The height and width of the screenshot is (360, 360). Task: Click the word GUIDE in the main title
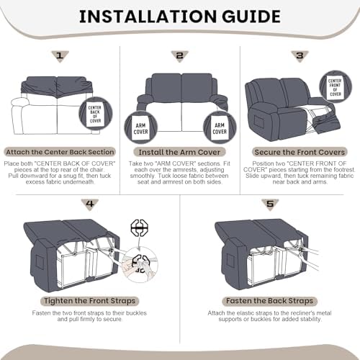[251, 17]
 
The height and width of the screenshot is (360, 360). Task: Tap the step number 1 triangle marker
[60, 56]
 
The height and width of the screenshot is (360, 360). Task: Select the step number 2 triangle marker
[179, 56]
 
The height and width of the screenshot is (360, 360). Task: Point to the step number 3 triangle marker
[300, 56]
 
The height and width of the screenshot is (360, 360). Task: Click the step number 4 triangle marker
[90, 204]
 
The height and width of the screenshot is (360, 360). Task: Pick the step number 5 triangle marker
[270, 204]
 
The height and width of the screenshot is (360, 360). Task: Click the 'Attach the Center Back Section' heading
[60, 152]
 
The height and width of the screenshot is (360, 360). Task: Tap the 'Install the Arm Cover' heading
[179, 152]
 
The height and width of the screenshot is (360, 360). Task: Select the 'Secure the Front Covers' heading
[300, 152]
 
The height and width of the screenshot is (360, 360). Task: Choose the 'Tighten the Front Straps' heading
[90, 301]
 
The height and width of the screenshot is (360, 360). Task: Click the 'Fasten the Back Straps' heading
[270, 301]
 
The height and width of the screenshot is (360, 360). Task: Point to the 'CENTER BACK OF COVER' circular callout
[96, 114]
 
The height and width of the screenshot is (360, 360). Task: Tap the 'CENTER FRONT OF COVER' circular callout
[336, 87]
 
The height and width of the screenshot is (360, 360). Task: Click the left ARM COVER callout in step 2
[141, 127]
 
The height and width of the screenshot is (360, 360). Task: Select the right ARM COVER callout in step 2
[220, 127]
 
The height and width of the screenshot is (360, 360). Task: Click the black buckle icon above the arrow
[140, 228]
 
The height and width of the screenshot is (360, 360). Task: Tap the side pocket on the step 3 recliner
[259, 122]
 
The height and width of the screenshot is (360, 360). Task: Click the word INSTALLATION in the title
[148, 17]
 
